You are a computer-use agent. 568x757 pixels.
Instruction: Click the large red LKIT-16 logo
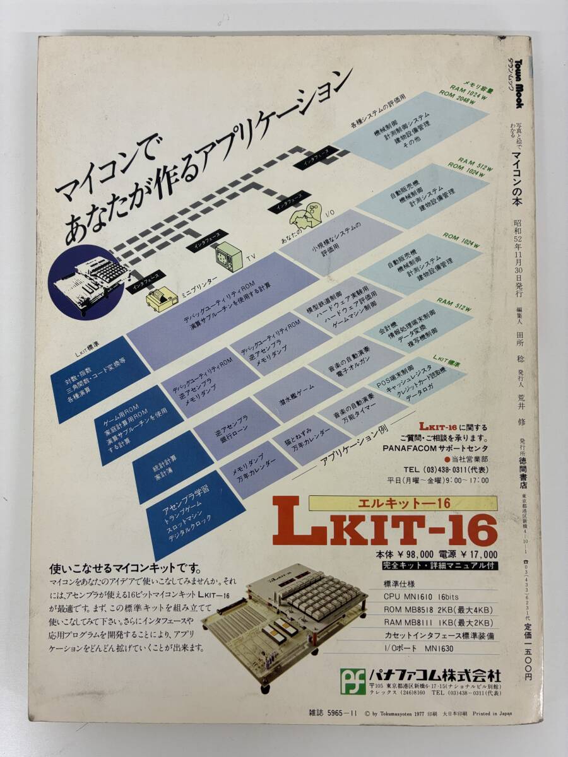(385, 528)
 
